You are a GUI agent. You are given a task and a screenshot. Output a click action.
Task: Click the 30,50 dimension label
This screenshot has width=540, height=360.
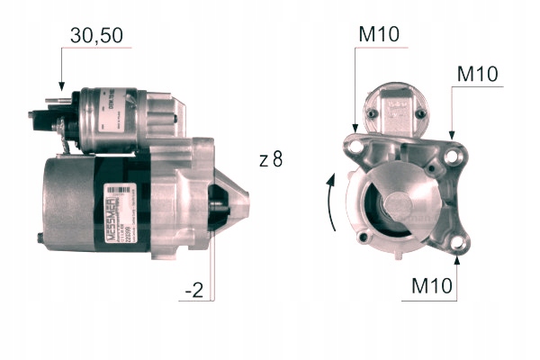[95, 35]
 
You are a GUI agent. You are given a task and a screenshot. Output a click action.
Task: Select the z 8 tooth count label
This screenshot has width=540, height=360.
[270, 161]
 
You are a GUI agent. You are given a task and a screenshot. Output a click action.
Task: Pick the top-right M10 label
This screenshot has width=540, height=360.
[477, 73]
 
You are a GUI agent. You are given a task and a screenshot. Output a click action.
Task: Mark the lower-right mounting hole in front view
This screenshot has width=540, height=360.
[460, 243]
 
